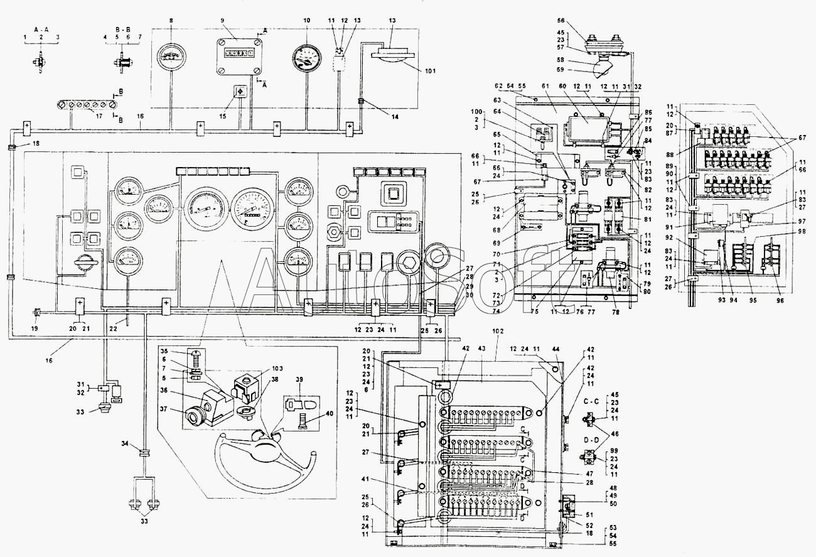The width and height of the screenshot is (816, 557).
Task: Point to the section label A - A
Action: coord(41,29)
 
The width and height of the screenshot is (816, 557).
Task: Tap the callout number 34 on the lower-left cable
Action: coord(126,445)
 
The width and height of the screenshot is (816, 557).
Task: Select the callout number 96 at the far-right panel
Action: coord(780,301)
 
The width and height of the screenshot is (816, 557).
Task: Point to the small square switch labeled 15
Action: coord(240,91)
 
